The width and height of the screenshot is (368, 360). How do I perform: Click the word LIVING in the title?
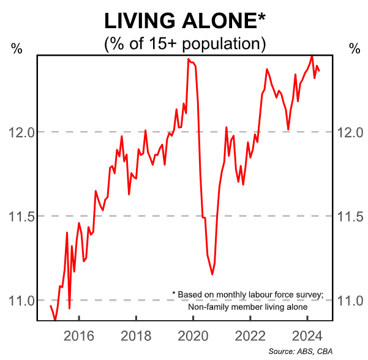pos(138,21)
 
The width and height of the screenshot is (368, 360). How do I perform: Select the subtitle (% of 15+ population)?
pos(184,44)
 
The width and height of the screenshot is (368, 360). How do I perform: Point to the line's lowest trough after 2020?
pos(212,274)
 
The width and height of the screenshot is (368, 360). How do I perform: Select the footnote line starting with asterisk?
pos(247,294)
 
